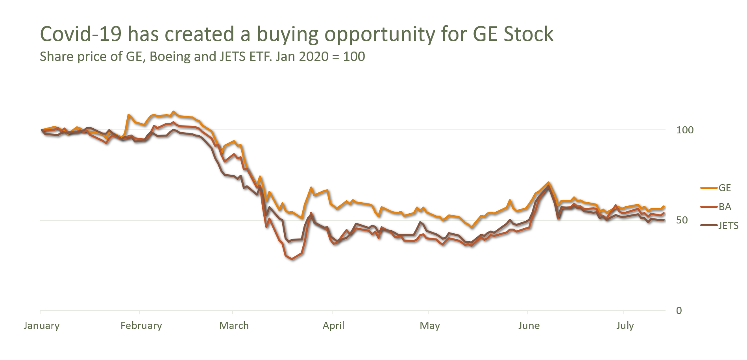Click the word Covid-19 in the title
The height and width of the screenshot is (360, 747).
pos(81,34)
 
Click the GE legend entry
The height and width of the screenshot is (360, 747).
pos(725,188)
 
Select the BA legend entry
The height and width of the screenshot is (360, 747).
pos(725,207)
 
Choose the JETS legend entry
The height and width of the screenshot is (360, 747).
pos(728,226)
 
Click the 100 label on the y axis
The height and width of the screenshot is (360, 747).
pos(685,130)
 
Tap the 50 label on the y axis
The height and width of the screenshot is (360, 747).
pos(682,220)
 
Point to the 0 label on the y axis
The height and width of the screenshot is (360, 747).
pos(679,311)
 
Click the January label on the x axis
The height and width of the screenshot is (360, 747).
pos(42,326)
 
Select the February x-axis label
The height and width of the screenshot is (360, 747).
pos(141,326)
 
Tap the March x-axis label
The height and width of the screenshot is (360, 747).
pos(234,326)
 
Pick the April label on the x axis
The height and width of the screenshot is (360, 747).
pos(334,326)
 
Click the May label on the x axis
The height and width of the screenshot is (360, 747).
pos(430,326)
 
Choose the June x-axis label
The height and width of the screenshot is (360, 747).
pos(529,326)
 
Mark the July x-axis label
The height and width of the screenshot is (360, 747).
pos(625,326)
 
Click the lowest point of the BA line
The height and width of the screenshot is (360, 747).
pos(292,259)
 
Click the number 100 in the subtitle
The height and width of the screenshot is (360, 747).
pos(354,57)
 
